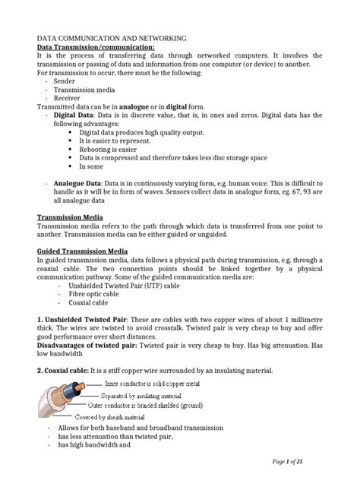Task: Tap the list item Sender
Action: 65,80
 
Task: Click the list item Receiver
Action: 67,97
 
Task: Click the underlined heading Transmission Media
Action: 72,217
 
